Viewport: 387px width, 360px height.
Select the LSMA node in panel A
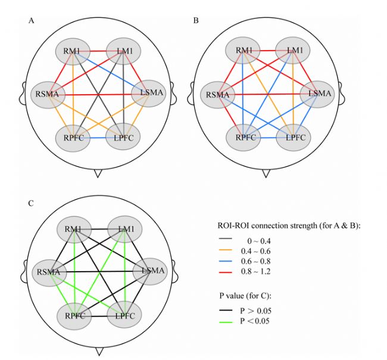click(146, 93)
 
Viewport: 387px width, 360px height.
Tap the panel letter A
click(30, 21)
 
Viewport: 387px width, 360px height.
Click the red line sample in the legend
click(230, 274)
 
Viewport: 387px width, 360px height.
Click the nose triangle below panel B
click(266, 173)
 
